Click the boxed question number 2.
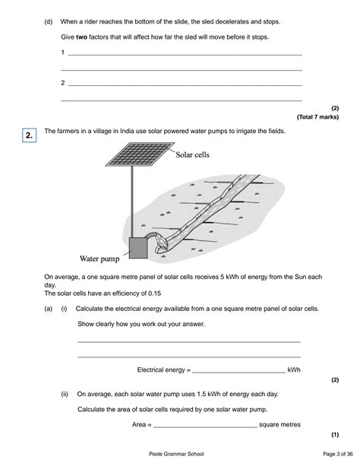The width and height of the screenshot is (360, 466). (x=28, y=136)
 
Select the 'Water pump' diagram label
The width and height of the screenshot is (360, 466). (x=100, y=257)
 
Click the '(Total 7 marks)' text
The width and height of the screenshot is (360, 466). (x=317, y=117)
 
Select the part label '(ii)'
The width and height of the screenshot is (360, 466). (x=66, y=395)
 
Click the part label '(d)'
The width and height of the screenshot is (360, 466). (x=49, y=23)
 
